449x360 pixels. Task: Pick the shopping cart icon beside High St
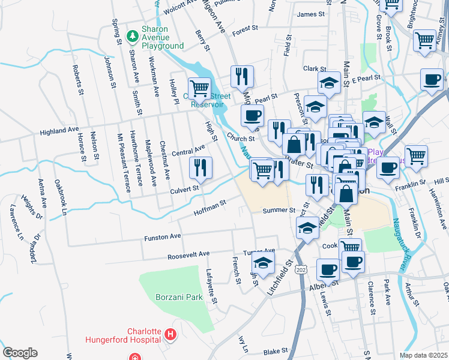click(x=199, y=88)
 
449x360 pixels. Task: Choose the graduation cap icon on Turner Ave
click(x=262, y=262)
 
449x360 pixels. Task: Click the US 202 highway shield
click(x=301, y=269)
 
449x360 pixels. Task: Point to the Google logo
click(x=20, y=352)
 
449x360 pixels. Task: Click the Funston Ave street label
click(x=162, y=238)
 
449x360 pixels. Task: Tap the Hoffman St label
click(x=209, y=208)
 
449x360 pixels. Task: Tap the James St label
click(x=310, y=14)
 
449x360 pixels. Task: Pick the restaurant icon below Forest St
click(x=242, y=76)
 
